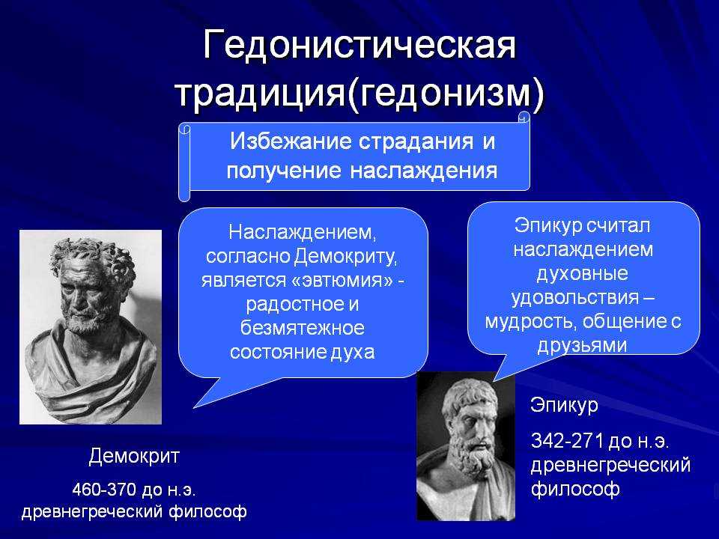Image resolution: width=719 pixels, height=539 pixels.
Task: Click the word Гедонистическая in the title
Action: click(x=360, y=46)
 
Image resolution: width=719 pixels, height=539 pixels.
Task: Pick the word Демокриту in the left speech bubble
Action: click(x=345, y=256)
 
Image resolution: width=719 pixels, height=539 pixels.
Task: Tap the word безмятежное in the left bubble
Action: click(x=303, y=328)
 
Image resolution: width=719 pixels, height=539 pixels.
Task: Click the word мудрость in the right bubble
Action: click(x=530, y=321)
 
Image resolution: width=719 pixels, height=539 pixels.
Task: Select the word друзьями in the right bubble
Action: click(x=582, y=345)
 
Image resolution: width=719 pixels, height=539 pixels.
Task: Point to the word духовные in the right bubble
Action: click(x=583, y=274)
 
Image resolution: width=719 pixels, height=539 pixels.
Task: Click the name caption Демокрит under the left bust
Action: click(x=134, y=457)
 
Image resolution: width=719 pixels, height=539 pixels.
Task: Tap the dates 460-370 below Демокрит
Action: click(x=104, y=490)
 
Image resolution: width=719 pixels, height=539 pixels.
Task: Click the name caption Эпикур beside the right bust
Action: click(x=565, y=405)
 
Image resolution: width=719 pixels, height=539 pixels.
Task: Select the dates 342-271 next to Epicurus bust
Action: click(x=567, y=440)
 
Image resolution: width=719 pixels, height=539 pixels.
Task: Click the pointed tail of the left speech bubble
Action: click(x=195, y=406)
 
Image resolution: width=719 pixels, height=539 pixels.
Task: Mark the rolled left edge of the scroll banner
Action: click(x=184, y=162)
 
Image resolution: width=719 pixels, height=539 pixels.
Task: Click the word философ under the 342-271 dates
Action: click(x=575, y=489)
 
